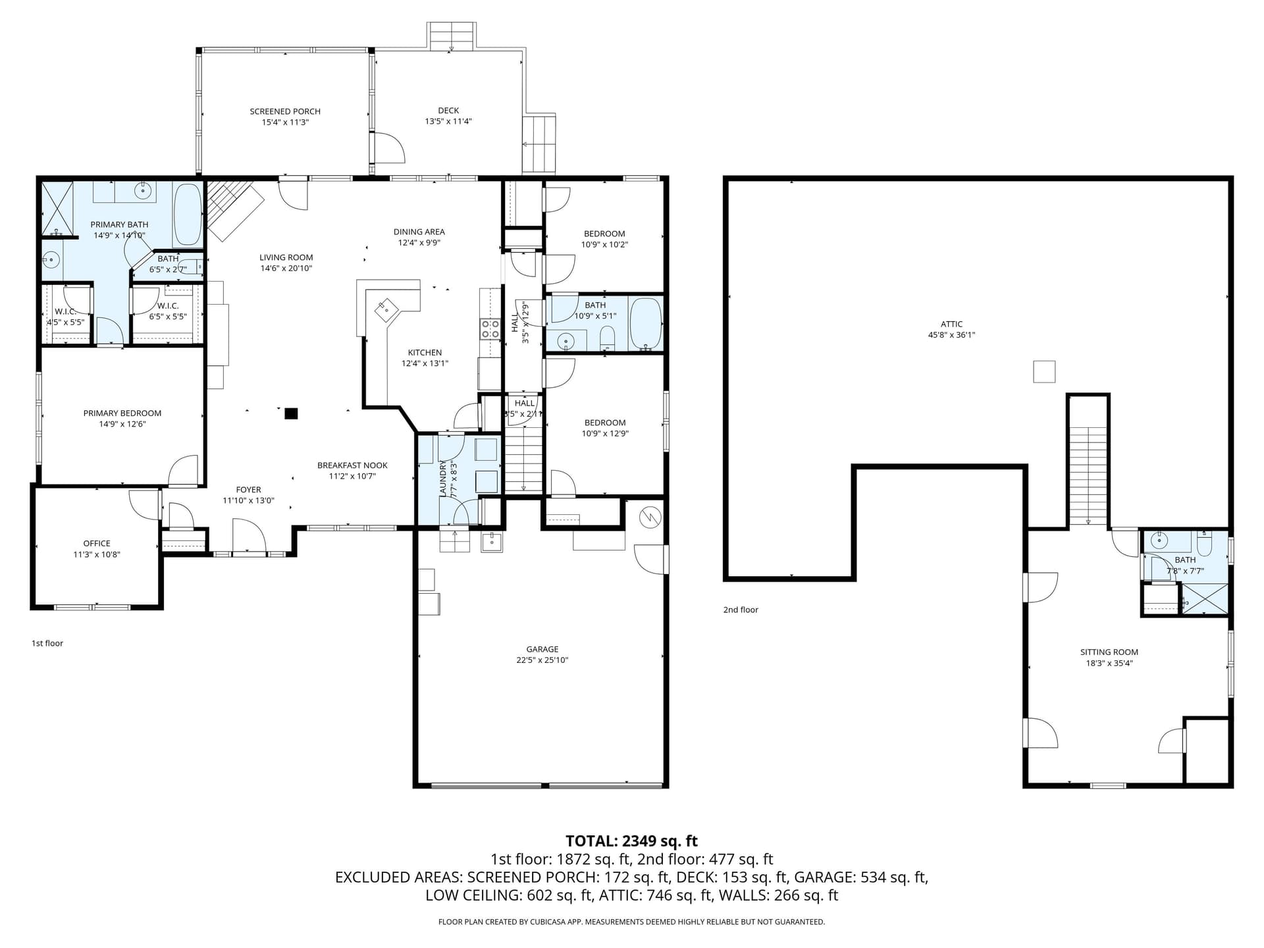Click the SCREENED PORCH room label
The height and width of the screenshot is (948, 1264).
pos(285,111)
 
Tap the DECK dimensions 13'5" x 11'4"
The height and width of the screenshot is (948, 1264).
pos(448,121)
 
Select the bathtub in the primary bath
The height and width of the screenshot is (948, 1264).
pos(188,213)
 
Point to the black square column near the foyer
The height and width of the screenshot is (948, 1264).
pos(291,413)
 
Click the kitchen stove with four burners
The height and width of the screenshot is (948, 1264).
pos(490,329)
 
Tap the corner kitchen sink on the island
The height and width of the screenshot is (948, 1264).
pos(386,309)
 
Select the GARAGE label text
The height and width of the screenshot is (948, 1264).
pos(542,649)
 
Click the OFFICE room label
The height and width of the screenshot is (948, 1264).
pos(97,543)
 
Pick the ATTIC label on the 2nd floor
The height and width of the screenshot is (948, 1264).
pos(951,324)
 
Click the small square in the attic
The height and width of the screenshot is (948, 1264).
pos(1044,371)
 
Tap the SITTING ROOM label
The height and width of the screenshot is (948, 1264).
pos(1109,652)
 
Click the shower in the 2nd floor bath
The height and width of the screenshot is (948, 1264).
pos(1205,600)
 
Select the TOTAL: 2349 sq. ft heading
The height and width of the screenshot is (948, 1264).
pos(631,841)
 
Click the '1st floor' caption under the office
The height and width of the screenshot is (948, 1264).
pos(47,643)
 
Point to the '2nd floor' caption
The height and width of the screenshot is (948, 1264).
pos(741,610)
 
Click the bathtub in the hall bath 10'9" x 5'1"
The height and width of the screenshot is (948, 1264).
pos(645,323)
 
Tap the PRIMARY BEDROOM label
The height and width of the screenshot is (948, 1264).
pos(122,413)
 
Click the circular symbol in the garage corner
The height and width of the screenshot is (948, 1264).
pos(650,517)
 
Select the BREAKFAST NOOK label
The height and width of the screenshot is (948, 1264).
pos(352,465)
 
